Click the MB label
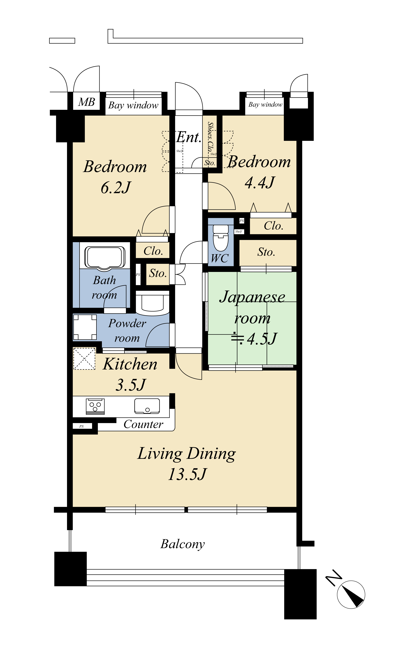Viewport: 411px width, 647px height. [x=86, y=102]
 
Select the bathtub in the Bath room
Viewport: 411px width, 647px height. [x=105, y=257]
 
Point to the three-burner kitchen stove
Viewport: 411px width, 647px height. [x=95, y=406]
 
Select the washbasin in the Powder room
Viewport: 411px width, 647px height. [x=153, y=304]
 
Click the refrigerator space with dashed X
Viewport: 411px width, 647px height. [x=84, y=359]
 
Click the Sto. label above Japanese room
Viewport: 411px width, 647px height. [x=266, y=252]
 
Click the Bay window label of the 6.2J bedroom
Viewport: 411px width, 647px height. [x=133, y=105]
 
